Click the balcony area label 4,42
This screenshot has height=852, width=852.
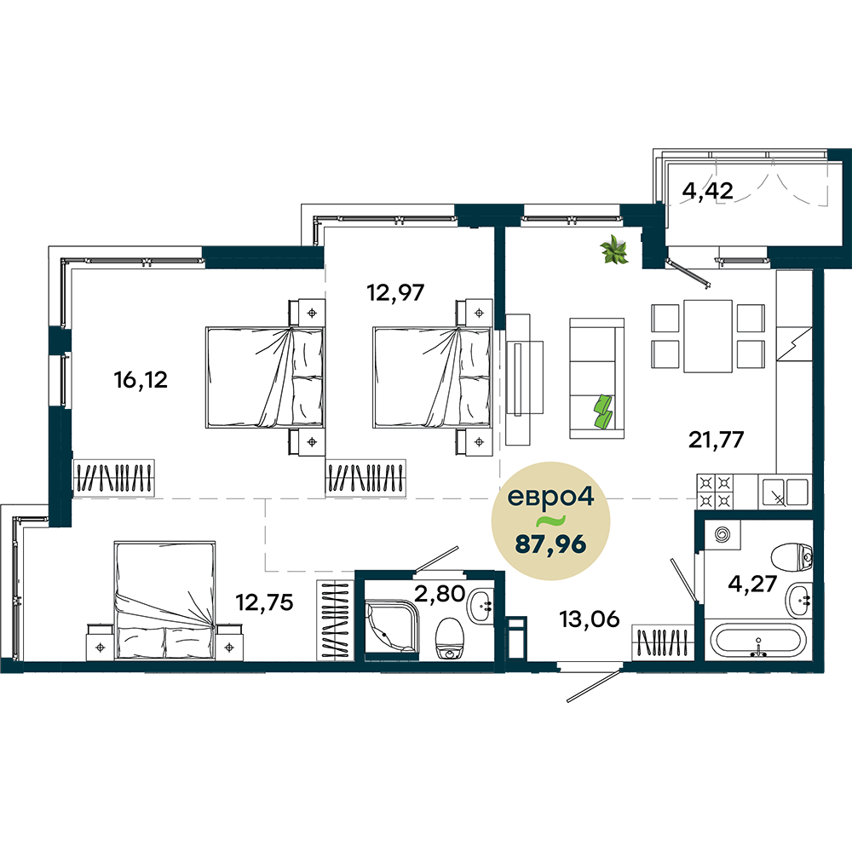[x=707, y=191]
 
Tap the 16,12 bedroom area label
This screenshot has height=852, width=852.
[x=141, y=380]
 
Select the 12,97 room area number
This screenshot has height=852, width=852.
[x=395, y=293]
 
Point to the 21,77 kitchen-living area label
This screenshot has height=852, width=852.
[x=717, y=439]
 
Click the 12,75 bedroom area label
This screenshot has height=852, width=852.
[x=264, y=602]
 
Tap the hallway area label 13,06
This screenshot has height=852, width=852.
[x=590, y=619]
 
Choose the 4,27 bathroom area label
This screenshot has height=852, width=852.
[x=752, y=584]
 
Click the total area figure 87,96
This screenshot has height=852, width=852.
[x=550, y=544]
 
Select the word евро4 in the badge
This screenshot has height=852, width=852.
[x=550, y=498]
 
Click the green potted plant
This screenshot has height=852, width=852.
[x=614, y=250]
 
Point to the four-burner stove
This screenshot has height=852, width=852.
[x=716, y=492]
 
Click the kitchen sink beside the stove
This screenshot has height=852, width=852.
[x=784, y=492]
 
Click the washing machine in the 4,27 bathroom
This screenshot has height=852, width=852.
[x=722, y=535]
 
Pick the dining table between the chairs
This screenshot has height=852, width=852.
[x=707, y=336]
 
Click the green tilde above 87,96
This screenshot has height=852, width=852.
[x=550, y=521]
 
